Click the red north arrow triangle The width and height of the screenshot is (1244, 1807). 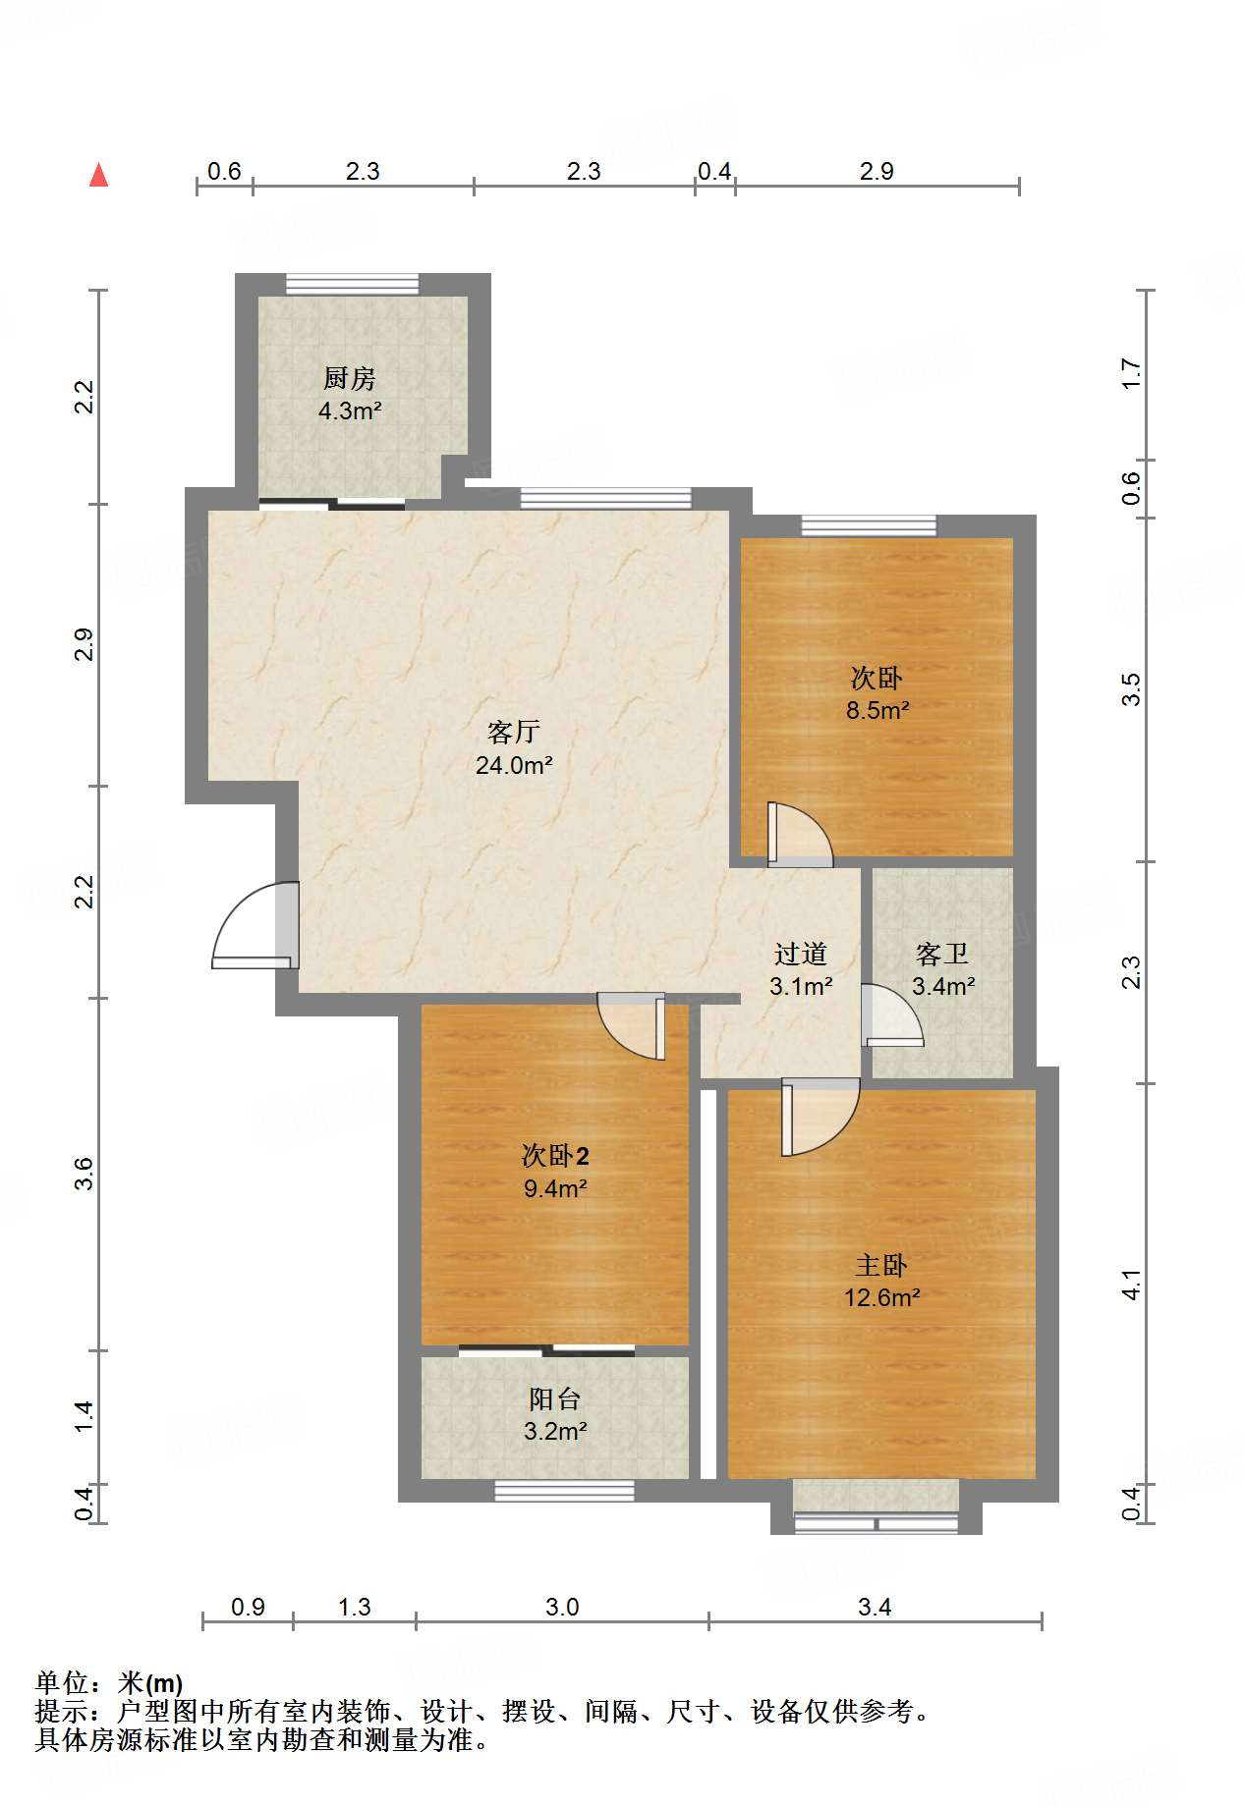point(98,175)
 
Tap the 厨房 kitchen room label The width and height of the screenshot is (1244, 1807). point(350,378)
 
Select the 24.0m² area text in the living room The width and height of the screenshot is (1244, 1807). point(514,765)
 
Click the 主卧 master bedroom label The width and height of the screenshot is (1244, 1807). point(881,1265)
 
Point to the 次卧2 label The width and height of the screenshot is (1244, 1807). point(555,1155)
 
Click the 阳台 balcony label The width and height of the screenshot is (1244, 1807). point(555,1398)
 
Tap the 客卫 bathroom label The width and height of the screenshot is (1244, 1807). point(942,954)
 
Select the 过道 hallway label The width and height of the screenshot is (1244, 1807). point(801,954)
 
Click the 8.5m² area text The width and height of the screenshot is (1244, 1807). point(877,710)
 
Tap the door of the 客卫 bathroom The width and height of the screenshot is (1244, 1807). point(893,1014)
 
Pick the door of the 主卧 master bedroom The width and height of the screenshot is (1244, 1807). point(820,1117)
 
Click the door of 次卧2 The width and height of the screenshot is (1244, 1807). point(632,1026)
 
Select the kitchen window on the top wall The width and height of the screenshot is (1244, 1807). point(352,284)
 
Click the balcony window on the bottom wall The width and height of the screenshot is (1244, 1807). point(564,1492)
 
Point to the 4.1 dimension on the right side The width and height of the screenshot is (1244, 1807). point(1131,1285)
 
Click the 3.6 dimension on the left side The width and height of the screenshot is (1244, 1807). point(85,1174)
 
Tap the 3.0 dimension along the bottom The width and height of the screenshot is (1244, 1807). point(562,1607)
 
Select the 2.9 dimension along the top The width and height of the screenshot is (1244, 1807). point(876,171)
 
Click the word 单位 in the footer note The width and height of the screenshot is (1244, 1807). point(62,1684)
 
